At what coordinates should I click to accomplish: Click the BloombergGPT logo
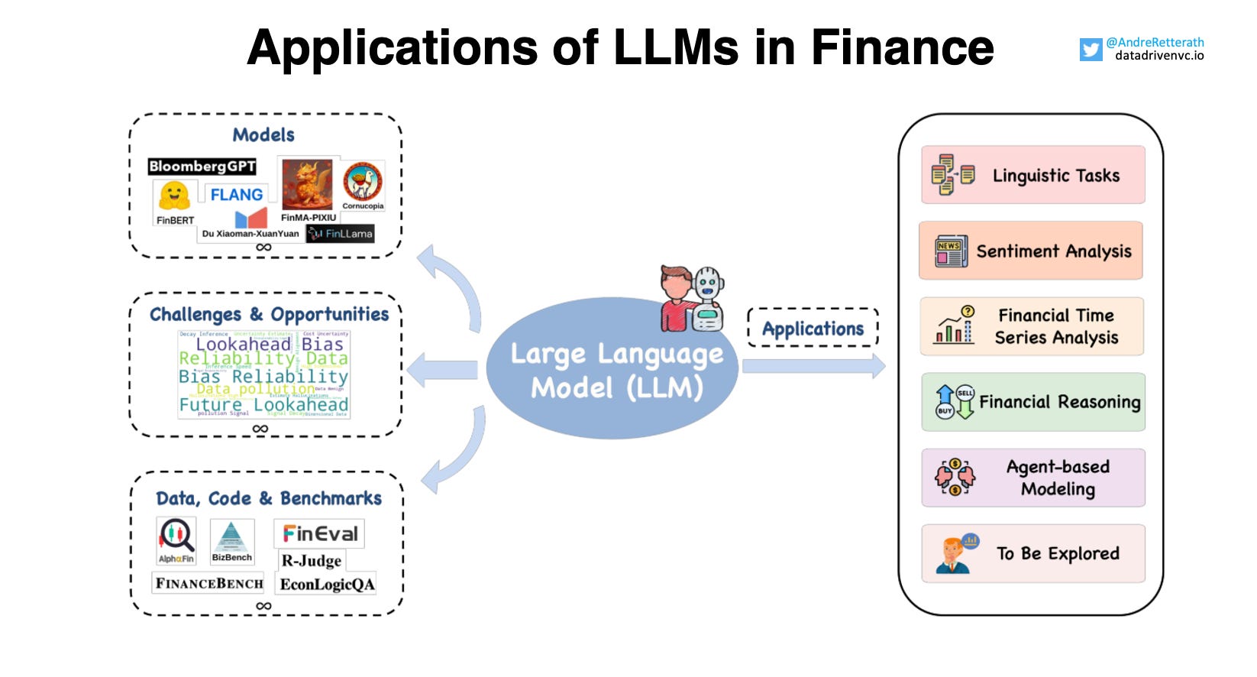point(202,167)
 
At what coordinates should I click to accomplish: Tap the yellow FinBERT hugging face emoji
point(174,196)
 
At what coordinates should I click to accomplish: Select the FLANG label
point(236,195)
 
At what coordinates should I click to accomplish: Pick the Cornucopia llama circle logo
point(362,182)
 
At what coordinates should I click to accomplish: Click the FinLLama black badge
point(341,234)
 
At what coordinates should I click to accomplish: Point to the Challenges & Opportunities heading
point(269,314)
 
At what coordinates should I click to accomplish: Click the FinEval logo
point(319,533)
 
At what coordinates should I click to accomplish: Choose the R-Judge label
point(311,561)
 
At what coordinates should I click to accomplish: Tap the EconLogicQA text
point(327,585)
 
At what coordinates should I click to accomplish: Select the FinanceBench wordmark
point(209,584)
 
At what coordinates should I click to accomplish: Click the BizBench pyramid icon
point(231,538)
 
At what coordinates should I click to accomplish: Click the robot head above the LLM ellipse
point(708,287)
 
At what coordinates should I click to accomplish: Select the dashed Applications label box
point(813,329)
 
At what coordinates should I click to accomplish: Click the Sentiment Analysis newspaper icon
point(951,251)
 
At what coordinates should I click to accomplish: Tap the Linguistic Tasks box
point(1032,175)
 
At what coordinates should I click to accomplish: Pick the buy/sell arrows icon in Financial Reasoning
point(955,402)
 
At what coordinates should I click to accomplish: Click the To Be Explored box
point(1032,553)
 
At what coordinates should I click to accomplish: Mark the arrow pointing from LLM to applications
point(813,366)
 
